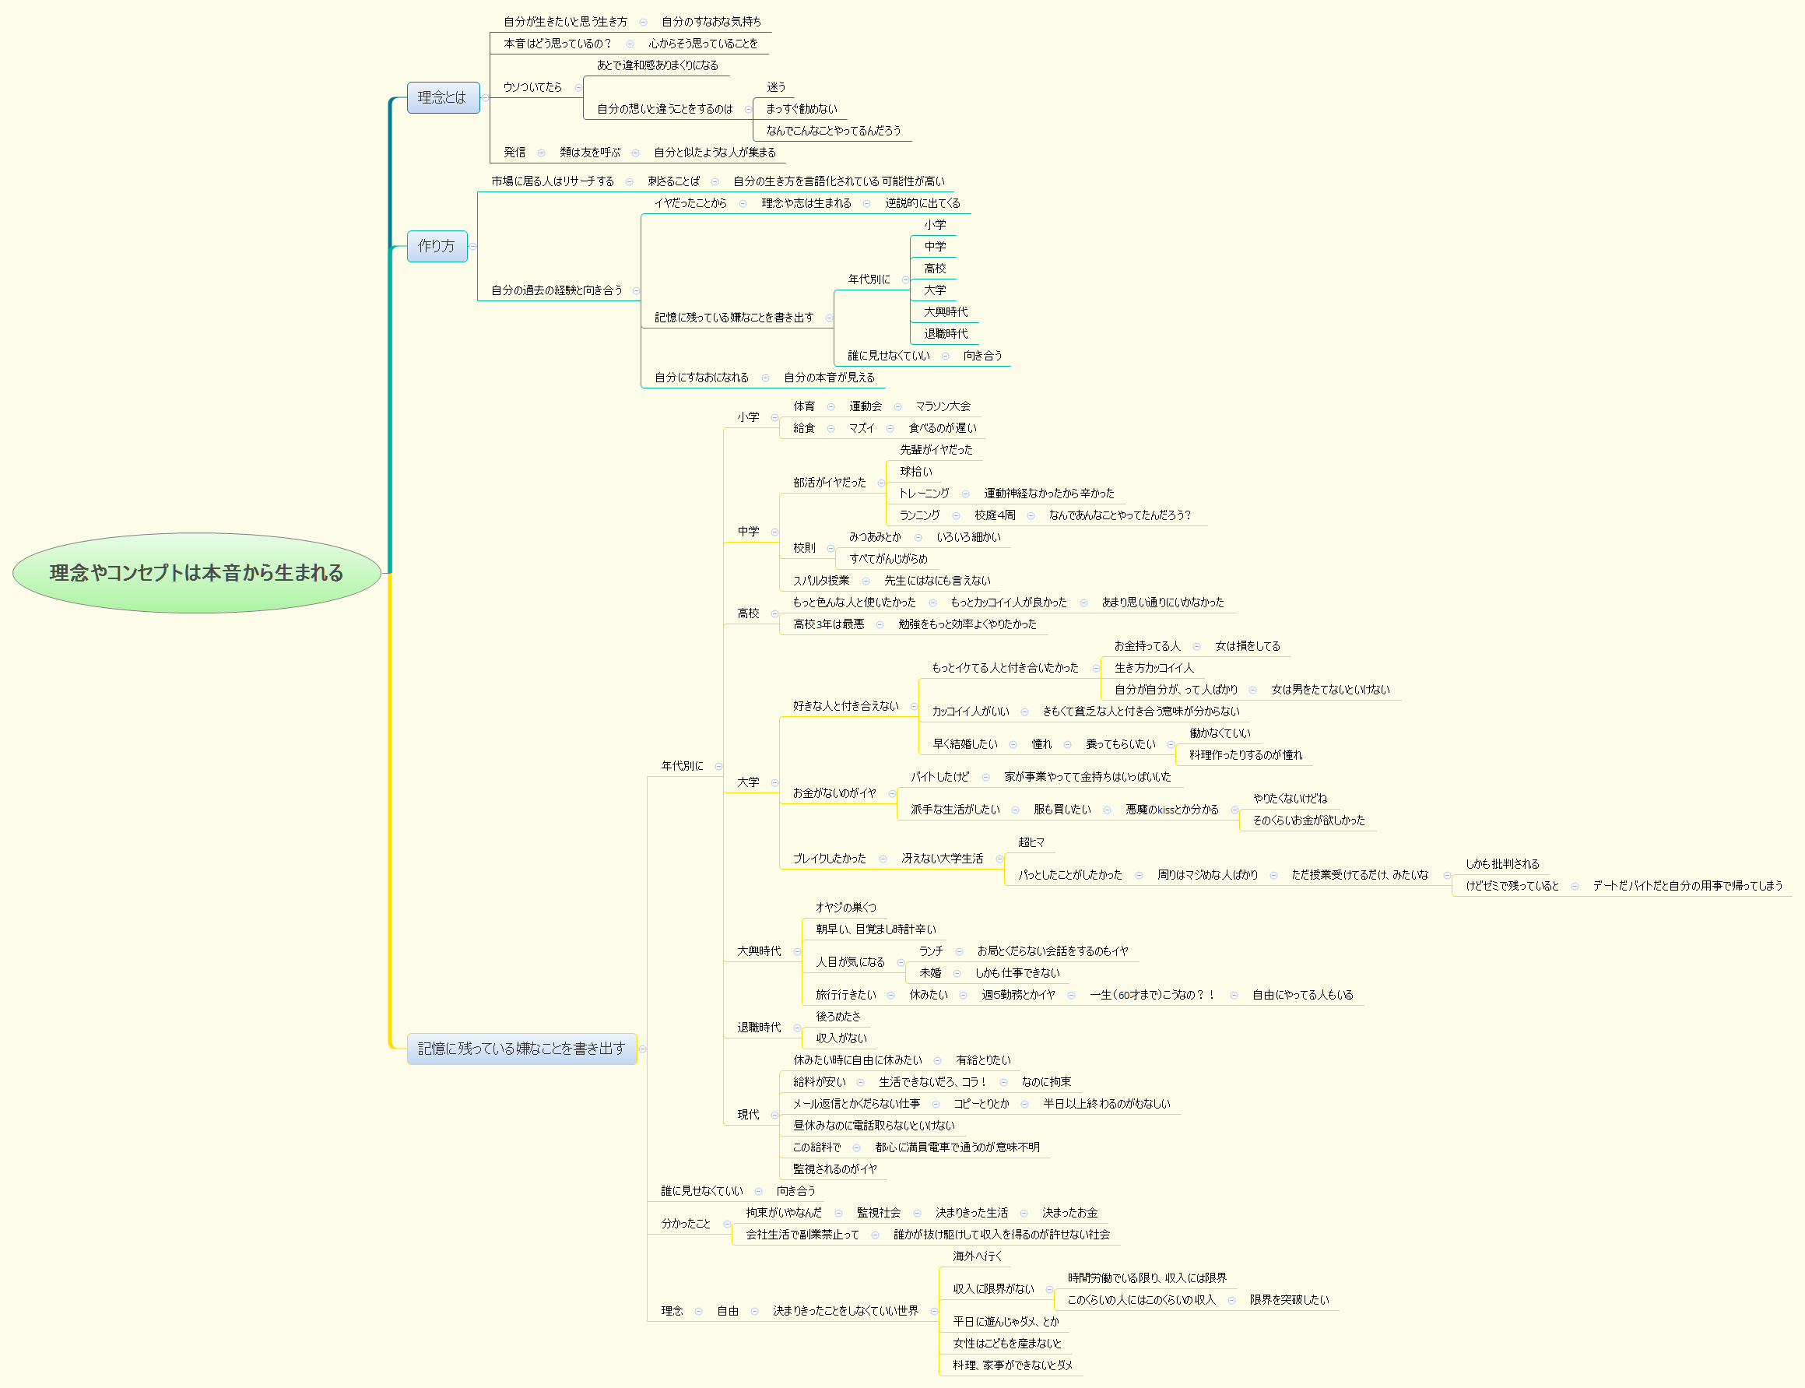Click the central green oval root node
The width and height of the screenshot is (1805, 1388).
click(197, 572)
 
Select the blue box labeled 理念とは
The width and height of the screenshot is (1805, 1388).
click(443, 97)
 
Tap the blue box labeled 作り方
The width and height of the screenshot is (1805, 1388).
click(436, 246)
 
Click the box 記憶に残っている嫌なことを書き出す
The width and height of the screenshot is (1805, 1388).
click(521, 1049)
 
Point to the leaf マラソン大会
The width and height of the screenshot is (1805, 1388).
click(943, 406)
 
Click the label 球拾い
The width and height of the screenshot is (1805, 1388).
click(915, 472)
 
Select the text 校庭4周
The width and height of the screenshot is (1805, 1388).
click(995, 515)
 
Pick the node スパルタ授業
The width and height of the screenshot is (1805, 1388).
click(820, 581)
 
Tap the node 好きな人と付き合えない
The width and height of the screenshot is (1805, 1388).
click(845, 706)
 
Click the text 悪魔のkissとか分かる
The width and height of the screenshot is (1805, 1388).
click(1171, 810)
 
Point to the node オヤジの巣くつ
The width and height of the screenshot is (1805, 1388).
click(845, 908)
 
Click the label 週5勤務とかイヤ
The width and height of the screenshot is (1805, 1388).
click(1018, 996)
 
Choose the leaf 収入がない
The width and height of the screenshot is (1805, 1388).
click(841, 1038)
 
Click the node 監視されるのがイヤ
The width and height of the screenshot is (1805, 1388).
click(834, 1169)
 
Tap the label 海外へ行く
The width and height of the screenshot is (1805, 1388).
click(978, 1256)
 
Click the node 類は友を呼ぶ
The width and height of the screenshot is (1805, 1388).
click(589, 153)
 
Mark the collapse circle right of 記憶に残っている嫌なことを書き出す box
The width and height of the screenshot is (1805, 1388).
click(643, 1049)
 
